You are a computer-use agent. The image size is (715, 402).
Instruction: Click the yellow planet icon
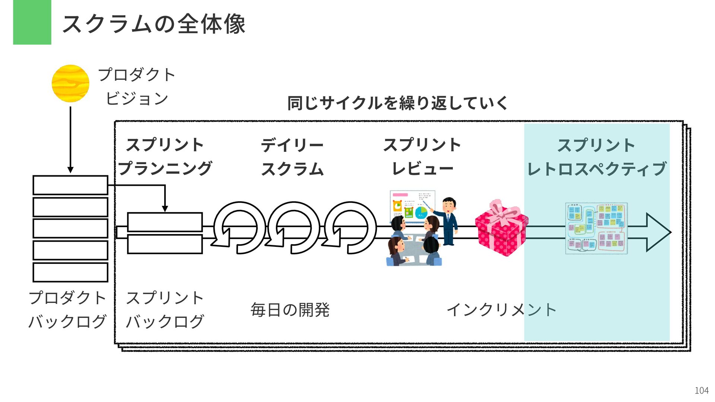pos(70,83)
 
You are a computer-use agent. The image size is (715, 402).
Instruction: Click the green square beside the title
pos(32,22)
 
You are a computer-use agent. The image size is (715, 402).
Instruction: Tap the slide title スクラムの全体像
pos(153,24)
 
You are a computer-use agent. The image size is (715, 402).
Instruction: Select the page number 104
pos(702,390)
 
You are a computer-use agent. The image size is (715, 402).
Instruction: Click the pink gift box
pos(501,228)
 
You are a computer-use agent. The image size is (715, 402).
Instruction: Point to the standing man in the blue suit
pos(449,220)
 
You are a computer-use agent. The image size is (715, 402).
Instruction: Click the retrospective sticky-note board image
pos(596,228)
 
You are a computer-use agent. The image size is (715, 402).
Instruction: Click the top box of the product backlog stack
pos(70,185)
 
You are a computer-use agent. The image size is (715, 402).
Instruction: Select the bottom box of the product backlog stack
pos(70,272)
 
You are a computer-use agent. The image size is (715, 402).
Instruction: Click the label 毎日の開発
pos(290,310)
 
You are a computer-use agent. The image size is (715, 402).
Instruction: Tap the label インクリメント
pos(501,310)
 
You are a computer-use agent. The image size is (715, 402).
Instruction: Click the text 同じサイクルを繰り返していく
pos(397,103)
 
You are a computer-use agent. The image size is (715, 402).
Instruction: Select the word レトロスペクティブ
pos(597,169)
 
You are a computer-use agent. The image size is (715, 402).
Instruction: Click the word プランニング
pos(165,169)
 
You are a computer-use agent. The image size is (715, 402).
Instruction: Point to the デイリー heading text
pos(292,145)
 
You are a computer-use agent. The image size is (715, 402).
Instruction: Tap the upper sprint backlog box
pos(165,222)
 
